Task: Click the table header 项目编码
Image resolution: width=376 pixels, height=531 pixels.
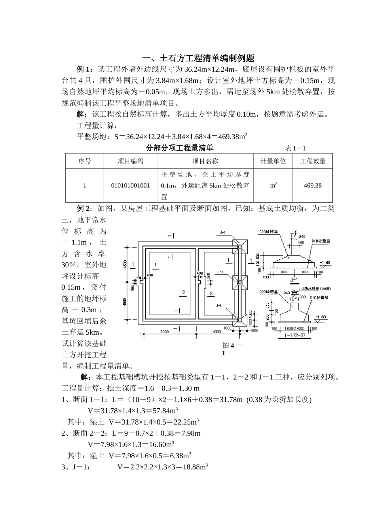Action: (130, 161)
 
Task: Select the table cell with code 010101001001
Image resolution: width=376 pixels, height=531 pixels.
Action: (130, 185)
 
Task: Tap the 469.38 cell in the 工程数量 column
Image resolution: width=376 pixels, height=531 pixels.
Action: (313, 185)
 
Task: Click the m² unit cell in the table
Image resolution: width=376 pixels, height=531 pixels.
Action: (273, 185)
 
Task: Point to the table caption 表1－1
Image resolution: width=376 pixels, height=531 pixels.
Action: (296, 148)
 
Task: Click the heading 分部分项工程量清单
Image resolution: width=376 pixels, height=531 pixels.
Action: (180, 148)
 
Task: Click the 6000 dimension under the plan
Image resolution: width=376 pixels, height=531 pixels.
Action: (165, 332)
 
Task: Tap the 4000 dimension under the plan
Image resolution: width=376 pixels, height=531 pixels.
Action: (216, 332)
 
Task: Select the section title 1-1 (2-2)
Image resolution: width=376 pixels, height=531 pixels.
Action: (294, 335)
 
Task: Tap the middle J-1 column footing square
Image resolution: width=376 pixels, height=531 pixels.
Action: (239, 282)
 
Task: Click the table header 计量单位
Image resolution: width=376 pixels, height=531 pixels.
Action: (273, 161)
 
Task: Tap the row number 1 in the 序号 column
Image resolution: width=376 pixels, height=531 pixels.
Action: (85, 185)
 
